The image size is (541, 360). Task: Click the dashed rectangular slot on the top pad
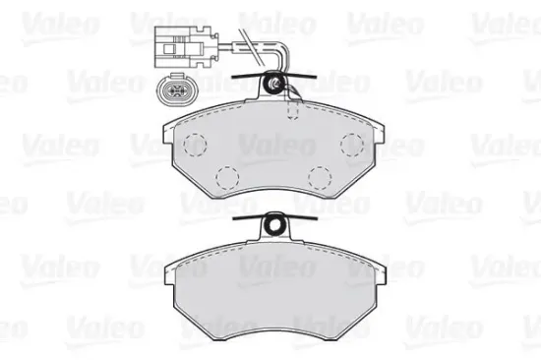(x=292, y=110)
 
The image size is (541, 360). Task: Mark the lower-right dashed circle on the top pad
(x=318, y=178)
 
